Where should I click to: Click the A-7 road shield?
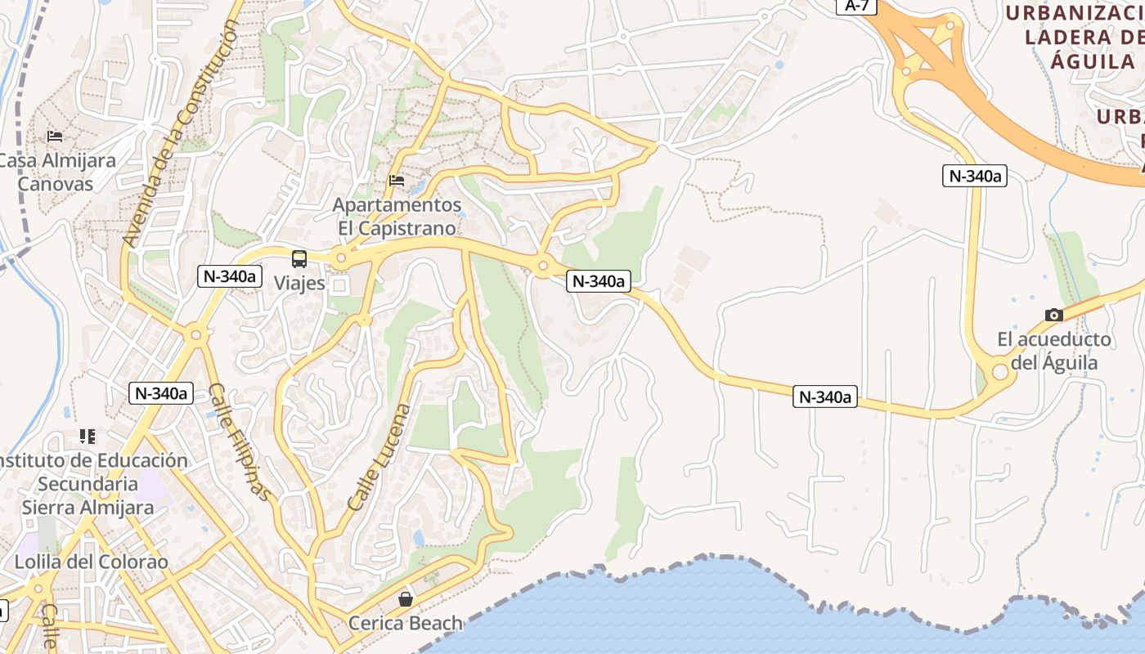(x=857, y=6)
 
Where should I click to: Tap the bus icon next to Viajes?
(x=299, y=259)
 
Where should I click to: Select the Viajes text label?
(x=299, y=284)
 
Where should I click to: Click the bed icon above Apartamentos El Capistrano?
(x=397, y=181)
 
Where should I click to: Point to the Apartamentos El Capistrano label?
(x=397, y=216)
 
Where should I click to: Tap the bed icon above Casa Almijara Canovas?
(x=55, y=136)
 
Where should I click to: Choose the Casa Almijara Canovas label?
(x=56, y=172)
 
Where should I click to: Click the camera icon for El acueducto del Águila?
(x=1053, y=315)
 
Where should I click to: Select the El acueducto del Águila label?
(x=1053, y=351)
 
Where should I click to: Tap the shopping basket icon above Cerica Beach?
(x=405, y=599)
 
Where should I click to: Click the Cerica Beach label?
(x=405, y=623)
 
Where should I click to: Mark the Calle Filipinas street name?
(x=238, y=441)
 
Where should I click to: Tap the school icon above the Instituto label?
(x=88, y=437)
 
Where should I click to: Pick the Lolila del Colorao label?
(x=91, y=562)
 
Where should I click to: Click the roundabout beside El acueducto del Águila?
(x=999, y=372)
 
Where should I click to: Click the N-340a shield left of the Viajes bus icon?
(x=229, y=276)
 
